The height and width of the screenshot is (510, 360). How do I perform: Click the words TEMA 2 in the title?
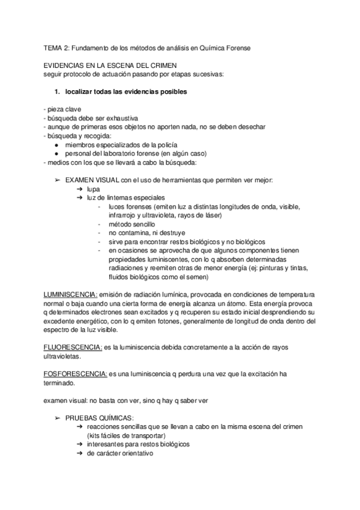pyautogui.click(x=58, y=47)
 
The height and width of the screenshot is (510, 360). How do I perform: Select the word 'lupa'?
pyautogui.click(x=93, y=189)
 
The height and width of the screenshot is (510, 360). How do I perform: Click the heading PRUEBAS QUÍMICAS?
pyautogui.click(x=100, y=418)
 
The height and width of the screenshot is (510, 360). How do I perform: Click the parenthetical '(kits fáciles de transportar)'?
pyautogui.click(x=124, y=435)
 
